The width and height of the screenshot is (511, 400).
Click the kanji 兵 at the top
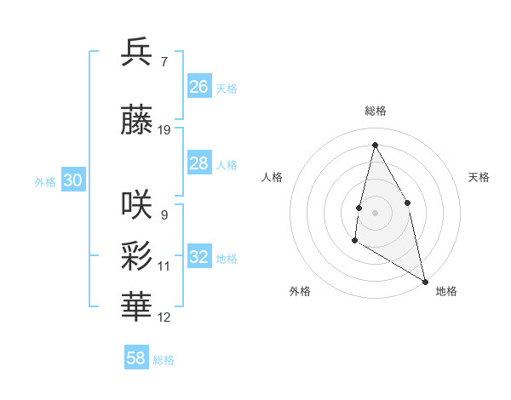(137, 53)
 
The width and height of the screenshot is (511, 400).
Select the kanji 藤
(137, 122)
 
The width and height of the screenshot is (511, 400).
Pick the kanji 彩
(137, 256)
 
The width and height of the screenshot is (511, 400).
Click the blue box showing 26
(199, 87)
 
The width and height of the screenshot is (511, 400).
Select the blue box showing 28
(199, 163)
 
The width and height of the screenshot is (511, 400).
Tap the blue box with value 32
(199, 257)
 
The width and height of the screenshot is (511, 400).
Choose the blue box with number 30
(72, 180)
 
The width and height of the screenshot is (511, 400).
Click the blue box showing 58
(136, 358)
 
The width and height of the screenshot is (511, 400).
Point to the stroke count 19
(164, 130)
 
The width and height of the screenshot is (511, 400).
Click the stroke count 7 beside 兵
(164, 62)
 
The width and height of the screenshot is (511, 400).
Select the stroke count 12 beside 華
(164, 317)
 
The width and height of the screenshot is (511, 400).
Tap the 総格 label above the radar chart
(376, 111)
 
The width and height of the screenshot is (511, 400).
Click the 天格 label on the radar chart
(479, 177)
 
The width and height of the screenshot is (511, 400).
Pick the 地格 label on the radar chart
(446, 291)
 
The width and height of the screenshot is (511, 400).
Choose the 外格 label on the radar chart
(300, 291)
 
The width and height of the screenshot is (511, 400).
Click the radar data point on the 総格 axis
(375, 145)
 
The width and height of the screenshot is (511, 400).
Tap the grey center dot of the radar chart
(375, 212)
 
